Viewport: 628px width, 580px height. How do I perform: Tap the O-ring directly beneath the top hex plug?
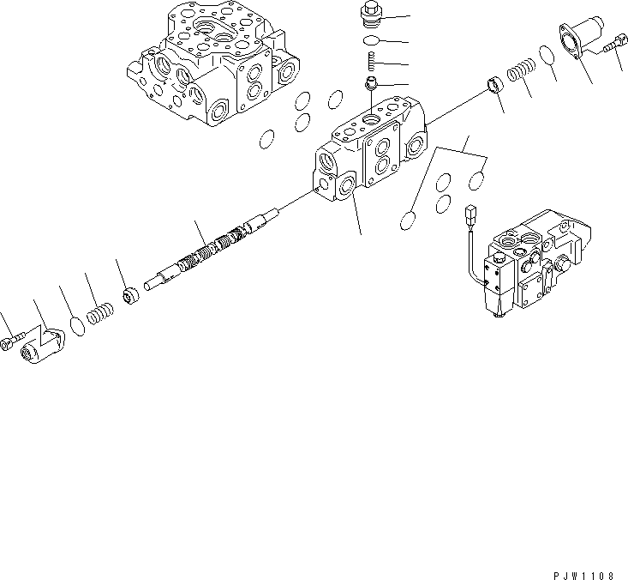click(372, 42)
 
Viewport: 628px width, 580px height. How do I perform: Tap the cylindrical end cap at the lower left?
click(39, 346)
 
